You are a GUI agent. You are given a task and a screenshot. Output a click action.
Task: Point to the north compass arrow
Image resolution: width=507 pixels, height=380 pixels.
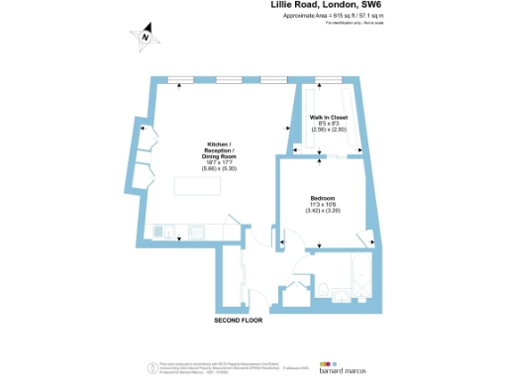point(145,38)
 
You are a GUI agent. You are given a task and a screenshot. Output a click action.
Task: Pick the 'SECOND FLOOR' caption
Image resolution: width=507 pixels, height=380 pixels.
point(240,322)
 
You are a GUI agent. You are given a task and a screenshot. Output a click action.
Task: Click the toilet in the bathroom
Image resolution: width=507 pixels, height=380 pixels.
point(324,289)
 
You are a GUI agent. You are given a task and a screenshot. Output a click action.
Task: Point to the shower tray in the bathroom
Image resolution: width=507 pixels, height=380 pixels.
point(360,288)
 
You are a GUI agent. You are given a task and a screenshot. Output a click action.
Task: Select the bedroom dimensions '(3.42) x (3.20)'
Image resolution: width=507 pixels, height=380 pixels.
point(323,212)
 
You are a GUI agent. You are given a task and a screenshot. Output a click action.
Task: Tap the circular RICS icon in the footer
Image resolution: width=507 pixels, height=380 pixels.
point(150,365)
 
